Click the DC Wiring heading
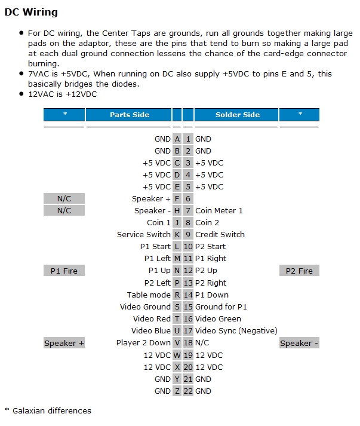click(x=31, y=12)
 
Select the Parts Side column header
click(x=129, y=115)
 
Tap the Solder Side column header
click(x=237, y=115)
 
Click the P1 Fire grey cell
click(x=64, y=271)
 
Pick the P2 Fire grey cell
click(x=299, y=271)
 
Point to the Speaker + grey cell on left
click(x=64, y=343)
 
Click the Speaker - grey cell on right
click(x=299, y=343)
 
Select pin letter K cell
click(x=177, y=235)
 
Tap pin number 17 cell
click(x=188, y=330)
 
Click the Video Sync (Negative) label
click(x=236, y=330)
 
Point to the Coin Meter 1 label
click(x=219, y=210)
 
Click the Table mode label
click(x=149, y=295)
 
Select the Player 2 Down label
click(x=143, y=343)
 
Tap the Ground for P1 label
click(x=221, y=307)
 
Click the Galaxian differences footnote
click(x=48, y=411)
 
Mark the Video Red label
click(x=152, y=318)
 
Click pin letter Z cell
click(x=177, y=391)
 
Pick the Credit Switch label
click(x=220, y=235)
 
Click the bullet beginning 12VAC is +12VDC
click(x=62, y=94)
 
